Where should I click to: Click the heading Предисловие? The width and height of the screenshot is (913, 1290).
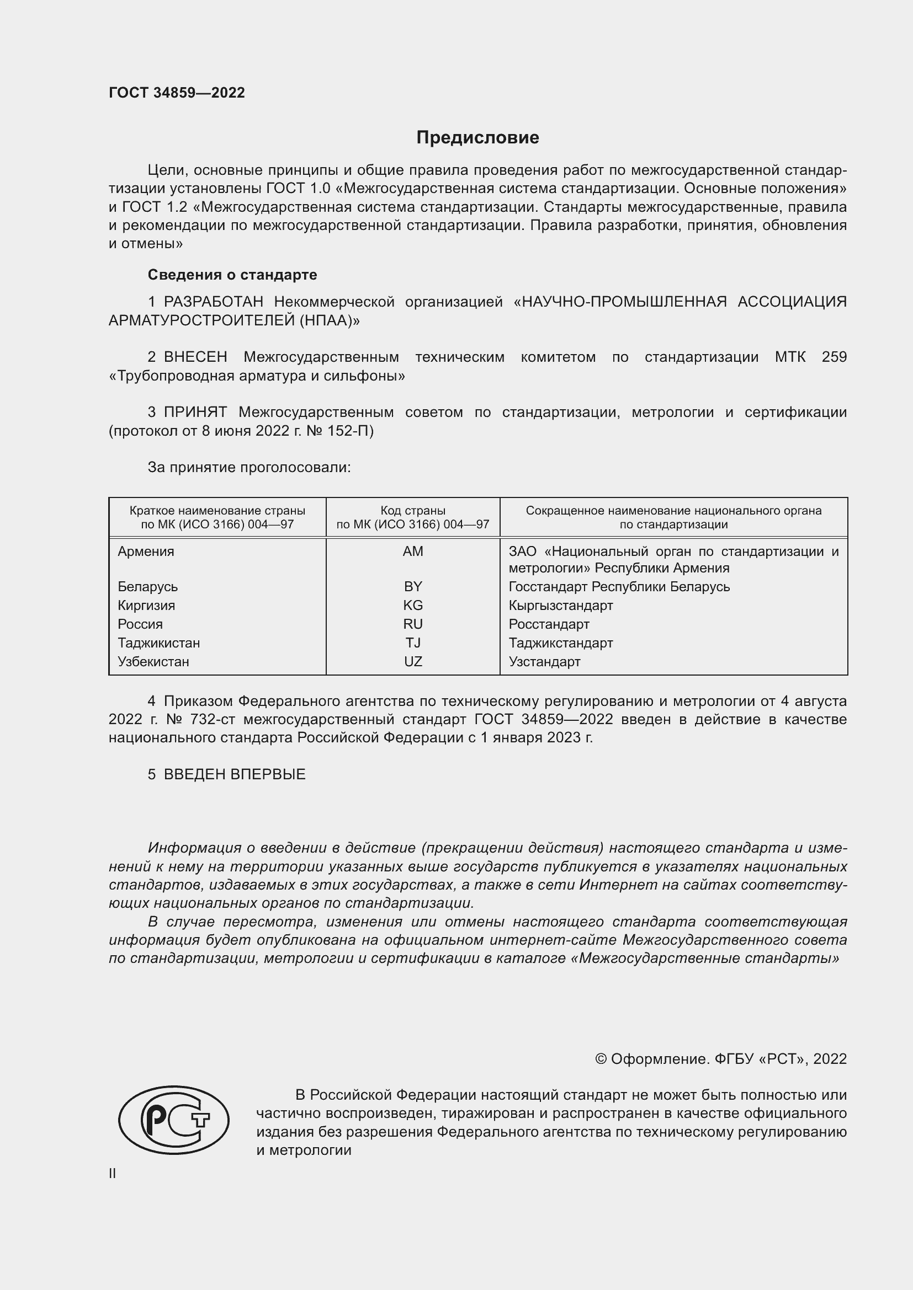click(x=477, y=137)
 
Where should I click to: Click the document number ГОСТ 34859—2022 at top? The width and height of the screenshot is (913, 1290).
click(x=177, y=93)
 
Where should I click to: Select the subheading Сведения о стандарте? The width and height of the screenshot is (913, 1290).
click(x=232, y=275)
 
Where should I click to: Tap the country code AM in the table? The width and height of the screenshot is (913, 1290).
click(x=413, y=551)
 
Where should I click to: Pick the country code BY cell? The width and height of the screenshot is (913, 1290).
click(x=413, y=587)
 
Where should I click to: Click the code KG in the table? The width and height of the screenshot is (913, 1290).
click(x=413, y=605)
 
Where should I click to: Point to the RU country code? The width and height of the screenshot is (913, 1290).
click(x=413, y=624)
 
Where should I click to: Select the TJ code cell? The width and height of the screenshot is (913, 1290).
click(x=413, y=643)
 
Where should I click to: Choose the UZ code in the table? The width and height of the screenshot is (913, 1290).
click(x=413, y=661)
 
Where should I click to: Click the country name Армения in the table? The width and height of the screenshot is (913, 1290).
click(x=146, y=551)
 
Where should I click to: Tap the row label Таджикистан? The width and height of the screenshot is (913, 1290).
click(x=158, y=643)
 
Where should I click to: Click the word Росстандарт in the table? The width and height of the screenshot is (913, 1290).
click(x=549, y=624)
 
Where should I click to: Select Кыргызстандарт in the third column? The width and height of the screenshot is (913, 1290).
click(x=560, y=605)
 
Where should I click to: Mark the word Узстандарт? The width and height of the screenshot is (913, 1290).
click(x=544, y=661)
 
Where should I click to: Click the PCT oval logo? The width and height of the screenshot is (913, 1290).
click(x=174, y=1120)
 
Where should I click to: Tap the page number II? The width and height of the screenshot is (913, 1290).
click(x=113, y=1174)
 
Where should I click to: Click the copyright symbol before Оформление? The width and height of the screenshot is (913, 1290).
click(x=601, y=1059)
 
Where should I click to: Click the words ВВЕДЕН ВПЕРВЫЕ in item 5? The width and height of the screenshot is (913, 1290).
click(x=235, y=774)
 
